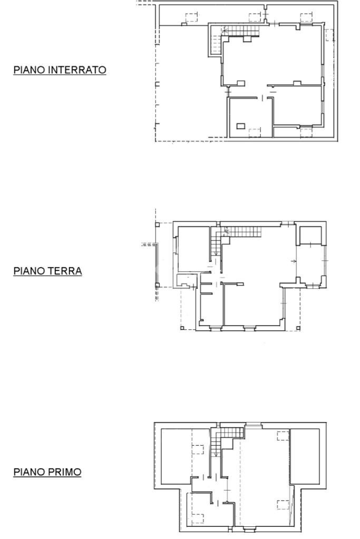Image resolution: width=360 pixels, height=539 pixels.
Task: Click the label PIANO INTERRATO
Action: pyautogui.click(x=60, y=70)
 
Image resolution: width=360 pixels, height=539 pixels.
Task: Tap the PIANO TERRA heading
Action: pyautogui.click(x=47, y=271)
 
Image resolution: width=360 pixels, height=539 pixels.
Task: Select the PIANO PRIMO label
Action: pyautogui.click(x=47, y=472)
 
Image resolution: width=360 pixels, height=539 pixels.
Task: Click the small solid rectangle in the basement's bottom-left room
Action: pyautogui.click(x=241, y=126)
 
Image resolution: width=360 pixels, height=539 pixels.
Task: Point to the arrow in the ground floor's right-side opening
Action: pyautogui.click(x=293, y=261)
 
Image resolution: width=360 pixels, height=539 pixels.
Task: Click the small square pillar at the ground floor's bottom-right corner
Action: pyautogui.click(x=299, y=329)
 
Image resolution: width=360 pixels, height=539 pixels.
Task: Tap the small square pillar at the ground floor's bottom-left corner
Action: pyautogui.click(x=182, y=328)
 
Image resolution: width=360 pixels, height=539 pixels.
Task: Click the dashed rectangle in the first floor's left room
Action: pyautogui.click(x=198, y=449)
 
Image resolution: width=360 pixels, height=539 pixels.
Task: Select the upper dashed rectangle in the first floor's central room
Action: pyautogui.click(x=283, y=435)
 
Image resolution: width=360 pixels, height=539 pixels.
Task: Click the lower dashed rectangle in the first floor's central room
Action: pyautogui.click(x=283, y=504)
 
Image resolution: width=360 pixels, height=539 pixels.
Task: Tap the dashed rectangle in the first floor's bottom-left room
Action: pyautogui.click(x=198, y=518)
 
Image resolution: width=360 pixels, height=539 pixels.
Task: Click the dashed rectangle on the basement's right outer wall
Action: pyautogui.click(x=329, y=35)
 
